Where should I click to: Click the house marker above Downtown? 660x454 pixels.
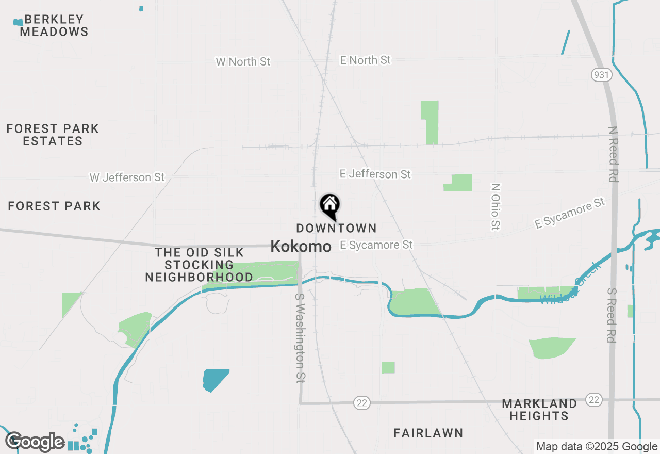pyautogui.click(x=330, y=205)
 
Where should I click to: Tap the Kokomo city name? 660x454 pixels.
pyautogui.click(x=301, y=246)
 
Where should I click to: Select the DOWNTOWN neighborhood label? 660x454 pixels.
pyautogui.click(x=336, y=228)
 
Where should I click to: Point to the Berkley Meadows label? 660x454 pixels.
pyautogui.click(x=54, y=25)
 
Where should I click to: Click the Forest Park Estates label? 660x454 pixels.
pyautogui.click(x=53, y=135)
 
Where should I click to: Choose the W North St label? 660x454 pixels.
pyautogui.click(x=243, y=62)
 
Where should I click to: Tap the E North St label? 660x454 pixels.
pyautogui.click(x=365, y=60)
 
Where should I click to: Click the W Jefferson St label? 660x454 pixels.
pyautogui.click(x=127, y=177)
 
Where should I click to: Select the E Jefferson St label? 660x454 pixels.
pyautogui.click(x=375, y=174)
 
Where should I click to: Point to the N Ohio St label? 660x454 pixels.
pyautogui.click(x=496, y=206)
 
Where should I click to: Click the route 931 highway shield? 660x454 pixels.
pyautogui.click(x=602, y=74)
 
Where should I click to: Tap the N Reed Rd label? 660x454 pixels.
pyautogui.click(x=613, y=154)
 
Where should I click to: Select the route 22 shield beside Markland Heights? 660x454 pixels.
pyautogui.click(x=594, y=399)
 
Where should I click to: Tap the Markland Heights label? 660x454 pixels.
pyautogui.click(x=539, y=410)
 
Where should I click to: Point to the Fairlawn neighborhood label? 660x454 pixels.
pyautogui.click(x=428, y=433)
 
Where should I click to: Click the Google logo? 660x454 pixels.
pyautogui.click(x=35, y=442)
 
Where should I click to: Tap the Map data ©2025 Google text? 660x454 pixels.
pyautogui.click(x=597, y=447)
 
